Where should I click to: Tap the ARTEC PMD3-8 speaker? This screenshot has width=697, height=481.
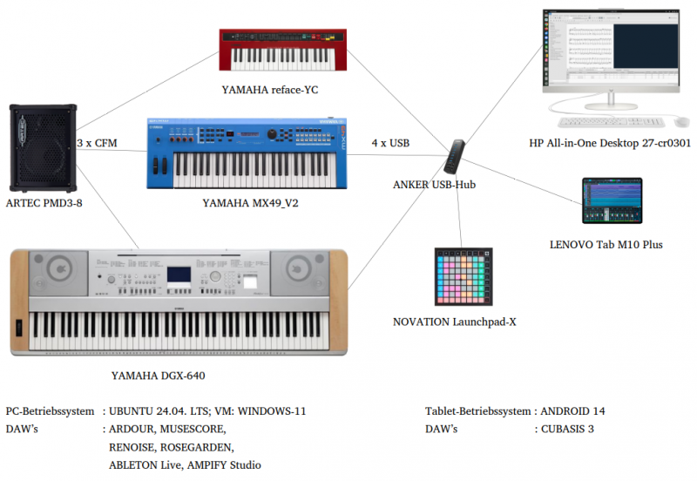pyautogui.click(x=42, y=149)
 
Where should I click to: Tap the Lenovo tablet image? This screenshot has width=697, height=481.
pyautogui.click(x=612, y=201)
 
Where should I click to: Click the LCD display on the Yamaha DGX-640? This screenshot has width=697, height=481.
pyautogui.click(x=179, y=274)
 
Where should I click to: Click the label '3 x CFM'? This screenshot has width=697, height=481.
pyautogui.click(x=97, y=143)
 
